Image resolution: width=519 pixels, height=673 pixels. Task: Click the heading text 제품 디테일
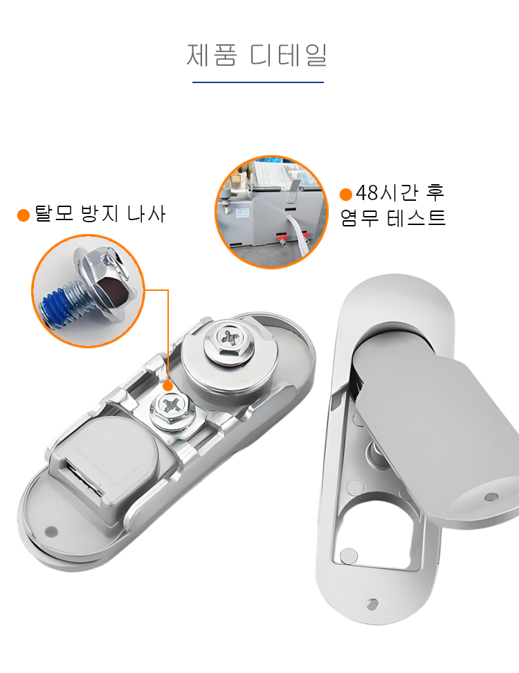(x=257, y=55)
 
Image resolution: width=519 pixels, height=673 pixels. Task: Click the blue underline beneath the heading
(x=258, y=82)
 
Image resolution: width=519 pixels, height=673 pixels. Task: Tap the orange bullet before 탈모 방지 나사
(x=23, y=215)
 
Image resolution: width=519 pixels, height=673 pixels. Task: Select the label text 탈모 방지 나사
(x=100, y=214)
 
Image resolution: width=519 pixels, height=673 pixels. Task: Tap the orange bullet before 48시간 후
(x=346, y=195)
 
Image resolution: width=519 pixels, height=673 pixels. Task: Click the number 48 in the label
(x=367, y=193)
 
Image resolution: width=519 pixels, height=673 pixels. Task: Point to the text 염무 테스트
(x=393, y=217)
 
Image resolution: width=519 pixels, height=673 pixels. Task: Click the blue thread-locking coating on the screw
(x=55, y=305)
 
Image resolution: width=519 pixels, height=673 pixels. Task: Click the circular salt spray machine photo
(x=271, y=212)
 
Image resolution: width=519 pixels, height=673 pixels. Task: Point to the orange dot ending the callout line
(x=168, y=386)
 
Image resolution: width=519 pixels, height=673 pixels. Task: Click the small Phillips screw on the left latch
(x=173, y=408)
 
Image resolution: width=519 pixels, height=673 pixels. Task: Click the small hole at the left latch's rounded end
(x=51, y=532)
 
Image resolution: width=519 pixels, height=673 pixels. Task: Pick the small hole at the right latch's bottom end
(x=372, y=604)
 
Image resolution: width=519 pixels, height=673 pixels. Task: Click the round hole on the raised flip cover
(x=491, y=497)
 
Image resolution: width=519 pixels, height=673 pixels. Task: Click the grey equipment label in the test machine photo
(x=242, y=213)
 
